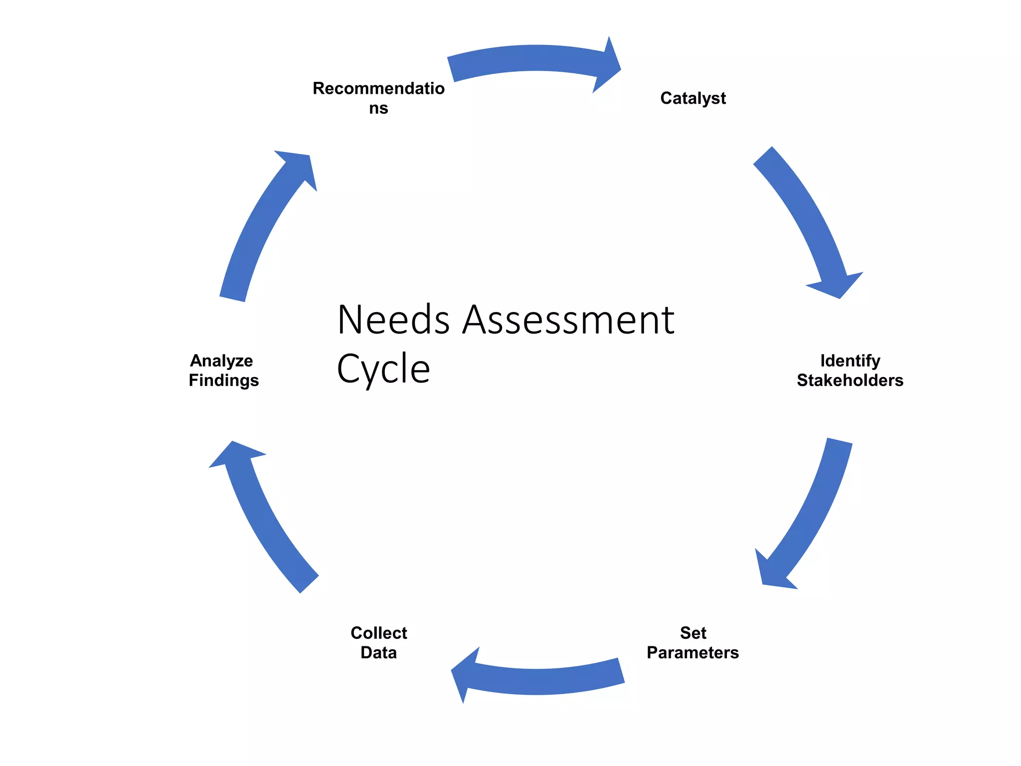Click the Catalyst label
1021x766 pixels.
point(692,98)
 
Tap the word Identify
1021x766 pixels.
point(850,361)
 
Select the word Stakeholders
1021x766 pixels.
point(850,381)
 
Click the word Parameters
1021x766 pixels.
point(692,653)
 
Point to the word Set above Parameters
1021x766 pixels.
point(693,633)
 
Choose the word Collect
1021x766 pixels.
point(379,633)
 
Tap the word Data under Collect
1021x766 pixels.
point(378,653)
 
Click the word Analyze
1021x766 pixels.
point(221,361)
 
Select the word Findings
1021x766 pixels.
point(223,381)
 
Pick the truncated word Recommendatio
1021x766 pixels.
point(378,88)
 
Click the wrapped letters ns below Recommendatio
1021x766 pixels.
point(378,108)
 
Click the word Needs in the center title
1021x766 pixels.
point(393,320)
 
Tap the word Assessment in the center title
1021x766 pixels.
point(568,320)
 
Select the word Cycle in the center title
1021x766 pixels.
point(383,369)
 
